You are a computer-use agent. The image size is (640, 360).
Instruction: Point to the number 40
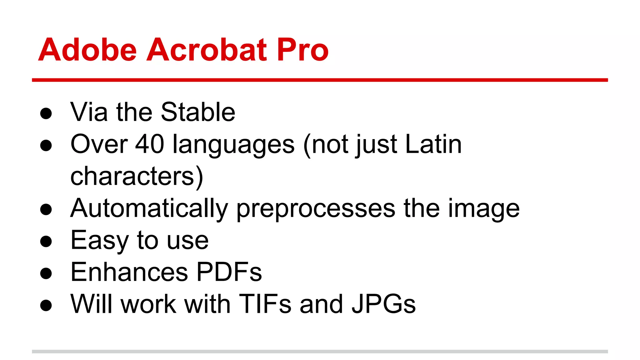[x=149, y=144]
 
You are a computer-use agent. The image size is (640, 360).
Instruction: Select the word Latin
[x=433, y=144]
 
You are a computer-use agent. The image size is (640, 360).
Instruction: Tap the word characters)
[x=137, y=177]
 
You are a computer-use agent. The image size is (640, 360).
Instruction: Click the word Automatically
[x=149, y=209]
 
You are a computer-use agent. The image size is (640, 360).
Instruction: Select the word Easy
[x=99, y=241]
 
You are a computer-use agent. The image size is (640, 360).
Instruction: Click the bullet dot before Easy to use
[x=46, y=241]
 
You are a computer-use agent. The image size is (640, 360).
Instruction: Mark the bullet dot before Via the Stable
[x=46, y=113]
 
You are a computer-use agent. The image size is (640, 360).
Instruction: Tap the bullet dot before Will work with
[x=46, y=305]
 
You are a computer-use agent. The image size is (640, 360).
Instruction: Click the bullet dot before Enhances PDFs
[x=46, y=273]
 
